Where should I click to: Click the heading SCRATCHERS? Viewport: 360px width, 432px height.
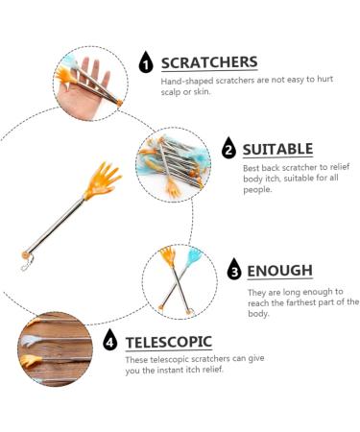209,62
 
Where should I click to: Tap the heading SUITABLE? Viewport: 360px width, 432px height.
277,150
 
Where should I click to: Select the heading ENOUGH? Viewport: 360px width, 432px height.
280,271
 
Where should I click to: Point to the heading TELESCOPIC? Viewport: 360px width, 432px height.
169,342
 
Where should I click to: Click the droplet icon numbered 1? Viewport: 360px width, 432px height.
146,62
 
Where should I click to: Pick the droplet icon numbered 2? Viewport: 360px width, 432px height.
228,148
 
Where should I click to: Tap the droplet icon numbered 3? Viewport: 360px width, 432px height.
234,270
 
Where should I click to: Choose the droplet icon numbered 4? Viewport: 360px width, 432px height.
110,340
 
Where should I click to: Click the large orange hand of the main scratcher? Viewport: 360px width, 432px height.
101,181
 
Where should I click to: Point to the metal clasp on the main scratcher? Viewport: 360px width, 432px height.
27,264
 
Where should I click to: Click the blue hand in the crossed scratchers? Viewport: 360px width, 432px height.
194,257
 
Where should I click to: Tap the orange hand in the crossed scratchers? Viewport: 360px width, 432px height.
168,256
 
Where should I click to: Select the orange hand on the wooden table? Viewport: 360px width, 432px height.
31,361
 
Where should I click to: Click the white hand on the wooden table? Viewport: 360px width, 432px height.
30,340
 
